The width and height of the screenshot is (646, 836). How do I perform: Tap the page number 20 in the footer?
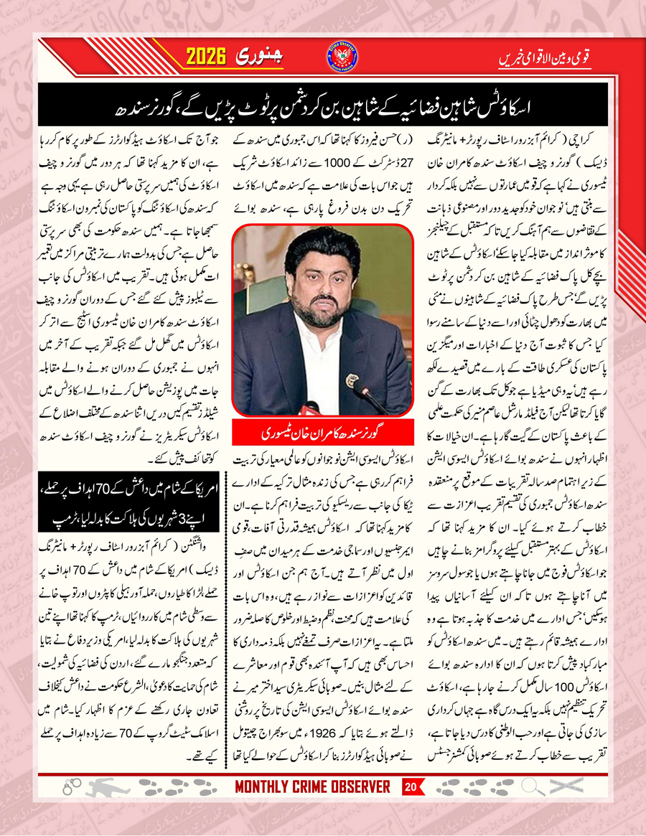[411, 787]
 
